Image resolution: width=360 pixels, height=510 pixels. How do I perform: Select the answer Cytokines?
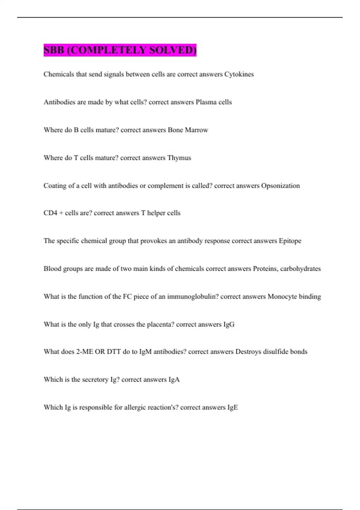coord(239,74)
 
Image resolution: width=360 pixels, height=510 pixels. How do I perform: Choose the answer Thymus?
coord(179,158)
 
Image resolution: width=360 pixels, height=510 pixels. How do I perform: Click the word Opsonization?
coord(280,186)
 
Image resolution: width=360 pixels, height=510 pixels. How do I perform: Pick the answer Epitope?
coord(290,241)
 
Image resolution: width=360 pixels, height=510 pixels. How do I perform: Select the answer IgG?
coord(229,324)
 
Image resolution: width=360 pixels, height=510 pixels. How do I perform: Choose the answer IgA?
coord(174,379)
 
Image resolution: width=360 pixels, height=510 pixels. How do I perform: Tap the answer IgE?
coord(232,407)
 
